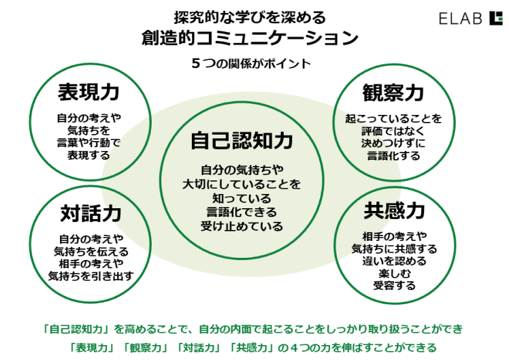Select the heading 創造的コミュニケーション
point(250,38)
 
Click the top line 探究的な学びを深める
point(250,16)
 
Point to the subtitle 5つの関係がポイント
point(250,64)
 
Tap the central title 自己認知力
point(242,142)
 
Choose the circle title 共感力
point(394,212)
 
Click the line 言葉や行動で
point(88,142)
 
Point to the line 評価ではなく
point(393,131)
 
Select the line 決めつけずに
point(393,143)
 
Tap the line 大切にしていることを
point(242,184)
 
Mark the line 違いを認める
point(394,261)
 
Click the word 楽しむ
point(394,273)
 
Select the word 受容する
point(394,285)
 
